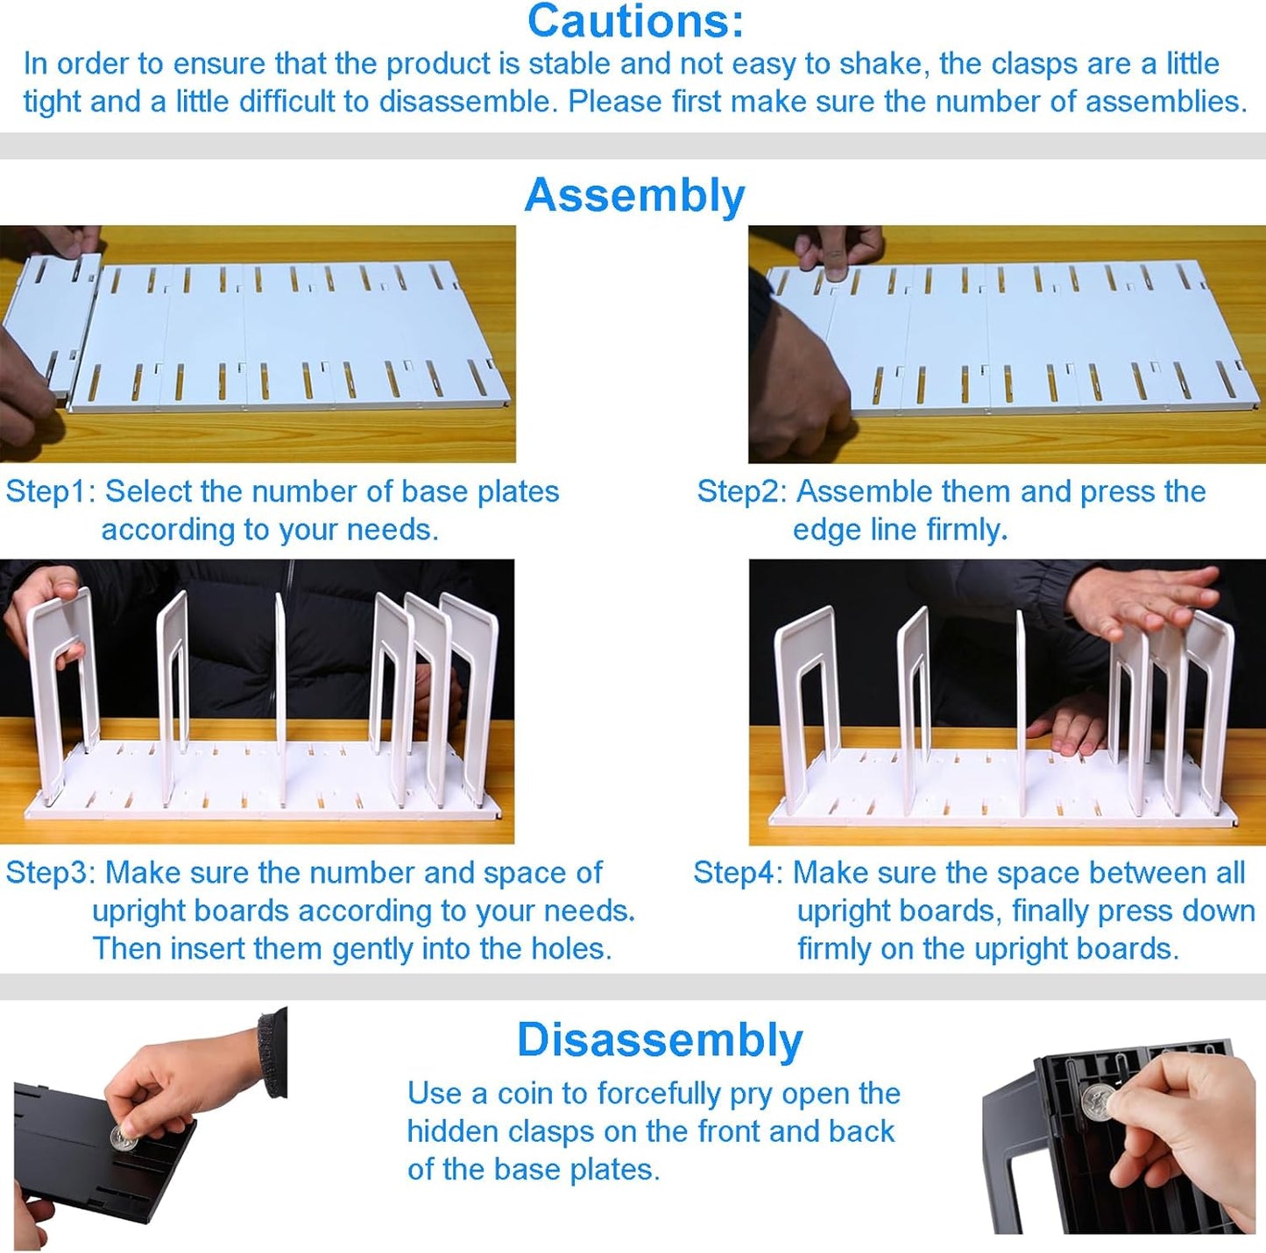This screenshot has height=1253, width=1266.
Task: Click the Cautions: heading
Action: (x=635, y=21)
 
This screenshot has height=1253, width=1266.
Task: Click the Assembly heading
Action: (x=634, y=195)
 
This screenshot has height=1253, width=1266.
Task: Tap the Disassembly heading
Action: (x=659, y=1040)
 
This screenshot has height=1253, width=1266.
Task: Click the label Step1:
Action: (x=50, y=492)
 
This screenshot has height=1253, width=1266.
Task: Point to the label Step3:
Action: (x=50, y=873)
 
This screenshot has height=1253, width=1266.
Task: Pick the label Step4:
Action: (x=738, y=873)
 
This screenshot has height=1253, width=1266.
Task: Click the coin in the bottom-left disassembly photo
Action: (x=123, y=1138)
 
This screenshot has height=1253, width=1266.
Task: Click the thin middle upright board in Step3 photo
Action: (x=280, y=692)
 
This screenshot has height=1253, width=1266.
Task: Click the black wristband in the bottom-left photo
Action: (x=273, y=1051)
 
